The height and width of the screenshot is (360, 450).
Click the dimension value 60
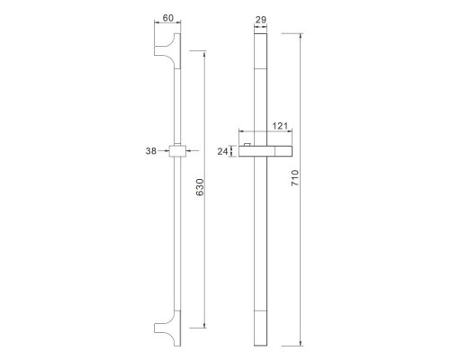(x=168, y=18)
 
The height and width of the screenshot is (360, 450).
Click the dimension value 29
(x=260, y=20)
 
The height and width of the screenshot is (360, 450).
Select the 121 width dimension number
(x=280, y=126)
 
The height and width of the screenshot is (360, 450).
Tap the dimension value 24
(x=222, y=151)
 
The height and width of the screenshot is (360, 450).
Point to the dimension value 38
(x=151, y=151)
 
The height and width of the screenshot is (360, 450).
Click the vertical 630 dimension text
(x=200, y=187)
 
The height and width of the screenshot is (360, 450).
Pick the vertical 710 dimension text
(x=295, y=178)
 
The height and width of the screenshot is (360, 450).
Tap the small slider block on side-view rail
(x=177, y=151)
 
